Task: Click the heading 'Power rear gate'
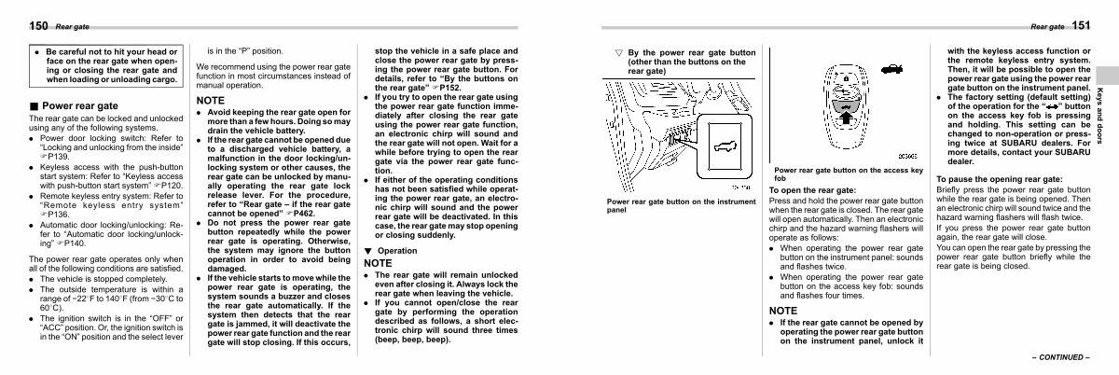point(80,106)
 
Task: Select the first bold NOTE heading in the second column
point(212,100)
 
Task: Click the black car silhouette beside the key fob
point(891,69)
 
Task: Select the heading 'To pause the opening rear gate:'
point(999,178)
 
